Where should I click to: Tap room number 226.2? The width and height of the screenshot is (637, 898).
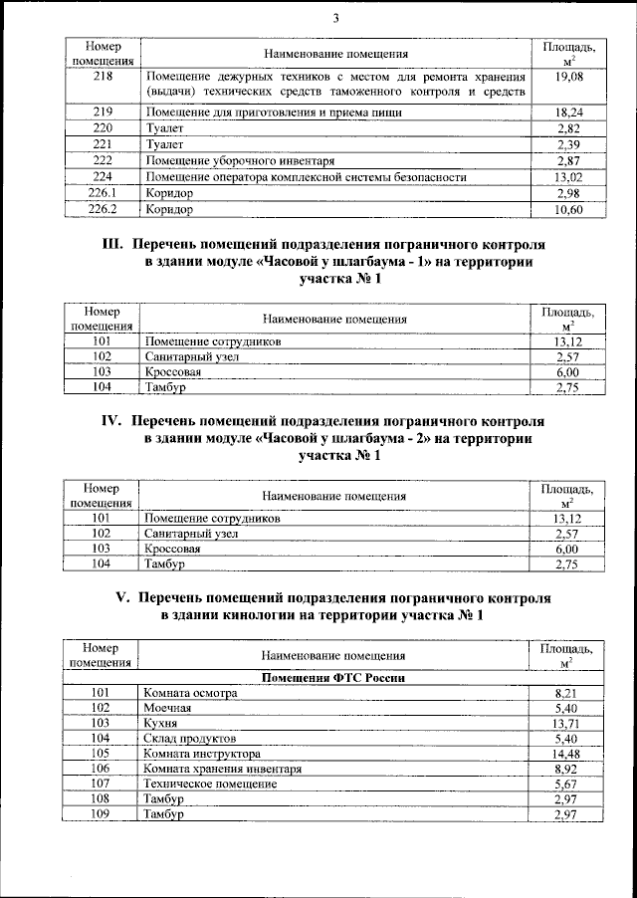tap(103, 210)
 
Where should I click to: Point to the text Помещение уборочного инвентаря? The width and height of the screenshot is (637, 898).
tap(238, 160)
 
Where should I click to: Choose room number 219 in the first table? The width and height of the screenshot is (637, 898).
tap(103, 112)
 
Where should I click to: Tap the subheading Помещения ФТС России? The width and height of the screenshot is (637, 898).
tap(332, 677)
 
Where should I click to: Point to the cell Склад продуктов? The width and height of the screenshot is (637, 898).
tap(190, 739)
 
